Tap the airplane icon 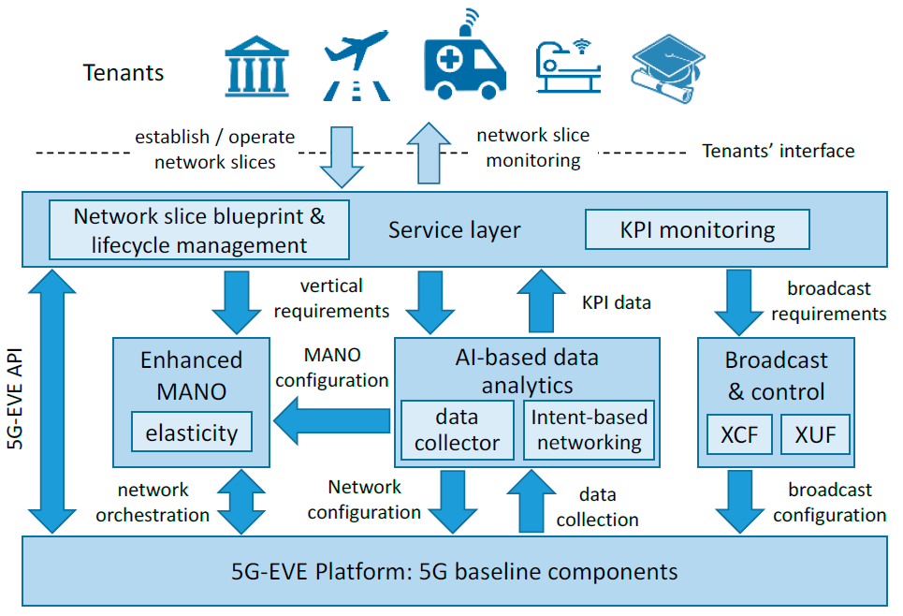tap(357, 65)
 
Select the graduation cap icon tap(668, 68)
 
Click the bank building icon tap(256, 66)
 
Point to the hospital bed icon tap(568, 66)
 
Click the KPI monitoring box tap(697, 229)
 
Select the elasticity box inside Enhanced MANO tap(192, 432)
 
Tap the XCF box tap(739, 433)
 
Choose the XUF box tap(815, 433)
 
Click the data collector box tap(458, 430)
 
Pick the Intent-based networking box tap(590, 430)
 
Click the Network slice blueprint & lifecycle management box tap(199, 230)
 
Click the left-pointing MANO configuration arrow tap(331, 420)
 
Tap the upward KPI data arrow tap(542, 301)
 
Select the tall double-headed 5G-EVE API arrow tap(52, 401)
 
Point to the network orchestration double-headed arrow tap(241, 502)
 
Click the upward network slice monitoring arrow tap(429, 153)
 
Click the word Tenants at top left tap(124, 73)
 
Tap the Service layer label tap(455, 230)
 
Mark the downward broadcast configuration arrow tap(740, 502)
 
